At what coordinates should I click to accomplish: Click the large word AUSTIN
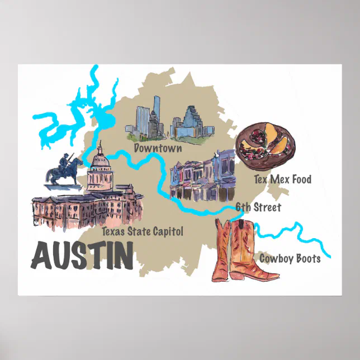82,254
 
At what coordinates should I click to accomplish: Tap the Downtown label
158,148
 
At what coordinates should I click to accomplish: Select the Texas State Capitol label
143,230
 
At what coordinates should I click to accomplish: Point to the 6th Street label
258,207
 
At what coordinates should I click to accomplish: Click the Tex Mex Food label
282,179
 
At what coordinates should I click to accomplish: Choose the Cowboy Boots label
290,258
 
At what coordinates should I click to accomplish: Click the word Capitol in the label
169,230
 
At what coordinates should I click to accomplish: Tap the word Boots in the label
307,258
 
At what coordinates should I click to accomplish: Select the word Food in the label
300,179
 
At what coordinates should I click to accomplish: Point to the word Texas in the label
113,230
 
